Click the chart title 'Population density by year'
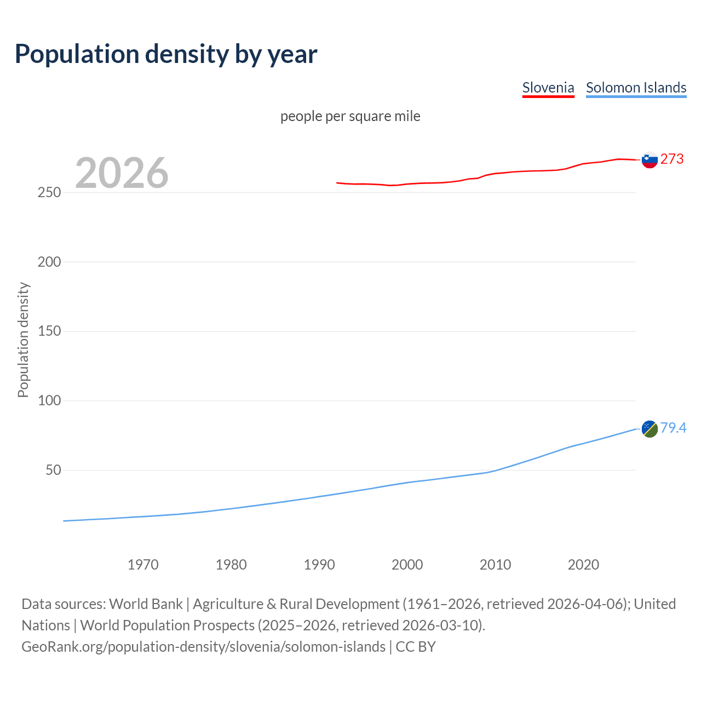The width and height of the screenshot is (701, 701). (166, 54)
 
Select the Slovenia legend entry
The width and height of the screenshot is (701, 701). (548, 88)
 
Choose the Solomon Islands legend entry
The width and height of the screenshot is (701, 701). (636, 88)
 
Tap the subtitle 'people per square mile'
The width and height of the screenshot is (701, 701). (350, 116)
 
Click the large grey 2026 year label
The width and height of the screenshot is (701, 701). (122, 173)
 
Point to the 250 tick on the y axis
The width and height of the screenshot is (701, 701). (49, 193)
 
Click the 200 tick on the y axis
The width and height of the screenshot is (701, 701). (49, 262)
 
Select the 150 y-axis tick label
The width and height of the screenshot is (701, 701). (49, 331)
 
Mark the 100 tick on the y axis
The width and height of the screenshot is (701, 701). (49, 400)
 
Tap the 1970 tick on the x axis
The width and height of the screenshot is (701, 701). (143, 565)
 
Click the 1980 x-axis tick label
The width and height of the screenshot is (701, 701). (231, 565)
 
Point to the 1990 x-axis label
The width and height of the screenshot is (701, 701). (319, 565)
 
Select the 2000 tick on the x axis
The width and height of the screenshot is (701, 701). (407, 565)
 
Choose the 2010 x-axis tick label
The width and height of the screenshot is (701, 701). (495, 565)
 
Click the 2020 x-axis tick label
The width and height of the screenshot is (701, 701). (583, 565)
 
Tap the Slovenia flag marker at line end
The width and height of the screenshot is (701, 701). (650, 160)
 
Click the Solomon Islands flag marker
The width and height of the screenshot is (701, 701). (650, 429)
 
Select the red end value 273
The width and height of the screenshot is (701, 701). (672, 159)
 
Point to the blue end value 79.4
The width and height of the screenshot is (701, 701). (673, 428)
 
